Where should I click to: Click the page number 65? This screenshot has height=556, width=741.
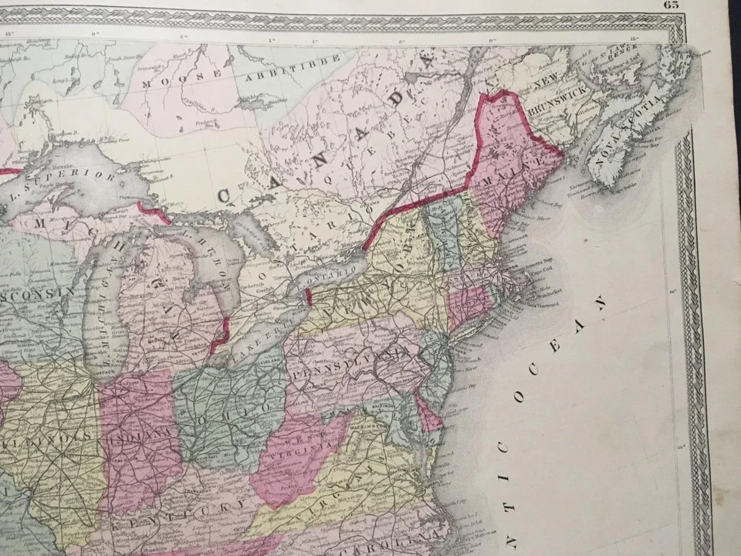point(670,4)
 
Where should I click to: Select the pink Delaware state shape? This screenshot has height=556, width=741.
point(428,414)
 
